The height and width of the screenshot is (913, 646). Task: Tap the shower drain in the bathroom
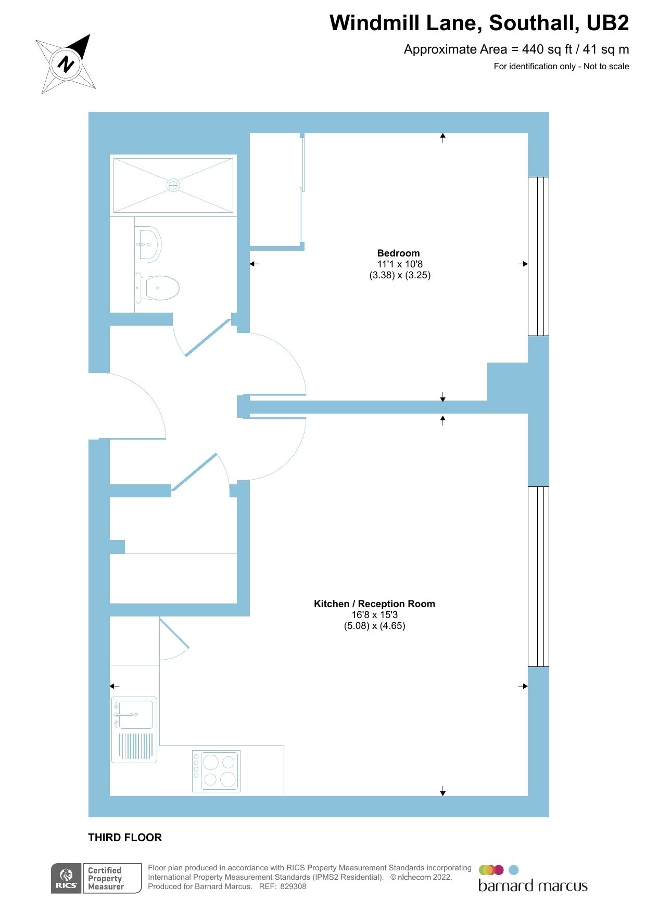point(173,185)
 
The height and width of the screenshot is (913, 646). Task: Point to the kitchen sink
point(135,715)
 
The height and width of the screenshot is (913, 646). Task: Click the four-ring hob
point(216,771)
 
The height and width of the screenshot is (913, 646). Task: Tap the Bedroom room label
point(398,253)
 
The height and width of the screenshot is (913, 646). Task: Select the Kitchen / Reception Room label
point(374,604)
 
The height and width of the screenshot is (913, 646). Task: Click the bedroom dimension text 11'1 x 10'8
point(400,264)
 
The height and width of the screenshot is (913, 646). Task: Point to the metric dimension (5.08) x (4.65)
point(374,626)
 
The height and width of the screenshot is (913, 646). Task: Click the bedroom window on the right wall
point(538,256)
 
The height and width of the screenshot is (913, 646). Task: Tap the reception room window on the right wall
point(538,576)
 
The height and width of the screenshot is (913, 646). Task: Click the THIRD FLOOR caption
point(125,838)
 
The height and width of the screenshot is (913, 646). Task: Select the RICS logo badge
point(66,879)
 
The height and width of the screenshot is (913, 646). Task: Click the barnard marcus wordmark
point(533,886)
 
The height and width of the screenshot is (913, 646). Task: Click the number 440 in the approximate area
point(533,49)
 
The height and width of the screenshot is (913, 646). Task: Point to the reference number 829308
point(293,886)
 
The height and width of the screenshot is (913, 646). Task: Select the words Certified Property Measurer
point(106,879)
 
